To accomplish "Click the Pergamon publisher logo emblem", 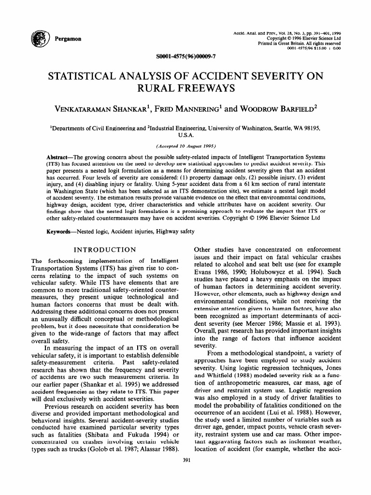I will click(37, 38).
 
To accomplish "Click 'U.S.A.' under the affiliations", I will click(186, 135).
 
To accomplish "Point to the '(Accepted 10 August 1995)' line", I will click(186, 146).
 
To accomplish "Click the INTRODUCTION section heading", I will click(104, 249).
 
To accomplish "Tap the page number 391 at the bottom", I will click(186, 460).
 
